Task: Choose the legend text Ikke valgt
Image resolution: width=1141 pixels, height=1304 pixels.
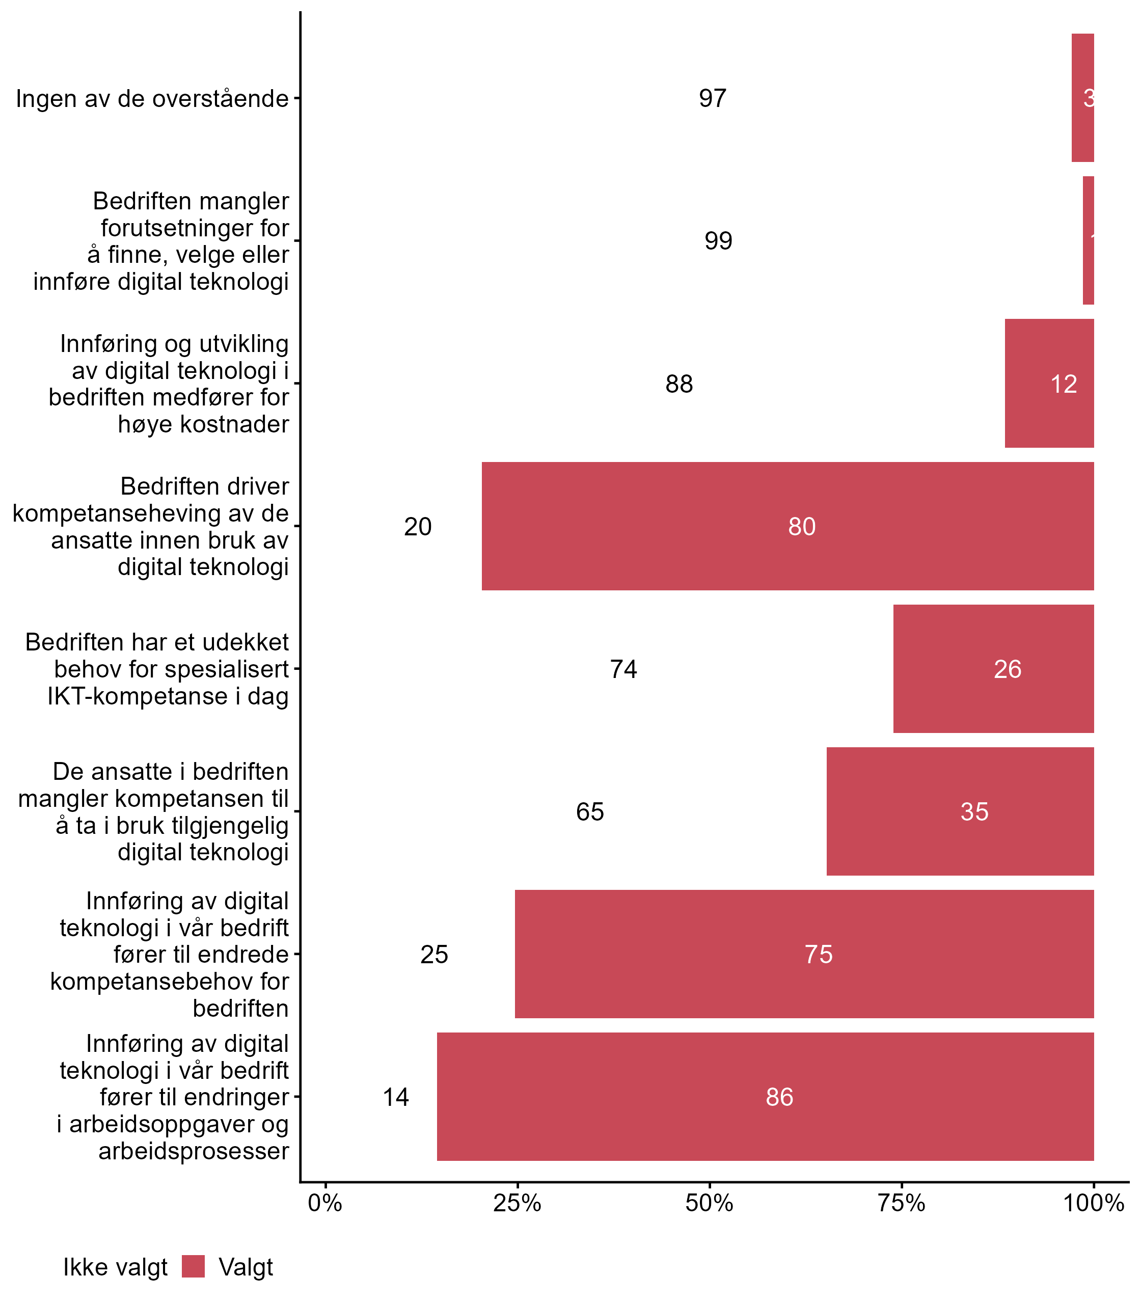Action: (115, 1268)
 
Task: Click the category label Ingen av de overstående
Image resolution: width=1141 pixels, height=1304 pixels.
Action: (152, 99)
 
